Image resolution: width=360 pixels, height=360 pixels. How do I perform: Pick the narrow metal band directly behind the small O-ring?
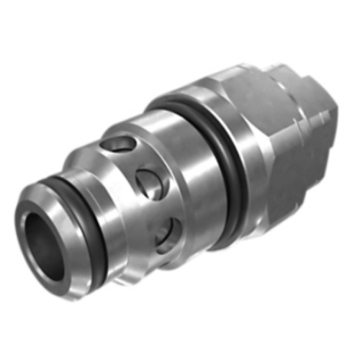(x=101, y=216)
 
